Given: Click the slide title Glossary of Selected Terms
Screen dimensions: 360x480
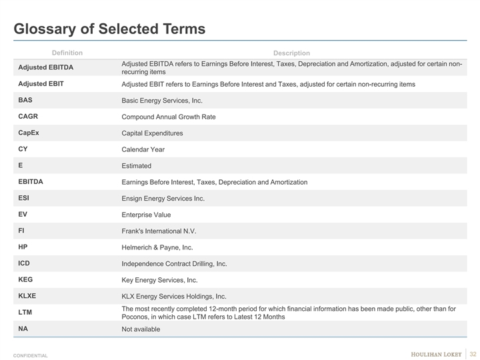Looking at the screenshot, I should click(x=110, y=29).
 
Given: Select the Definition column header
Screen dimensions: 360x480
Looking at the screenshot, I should click(x=67, y=53).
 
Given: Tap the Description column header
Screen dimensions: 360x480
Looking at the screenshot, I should click(x=291, y=53).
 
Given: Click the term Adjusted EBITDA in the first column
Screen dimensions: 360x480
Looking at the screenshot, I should click(x=46, y=67).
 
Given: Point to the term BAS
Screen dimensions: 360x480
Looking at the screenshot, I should click(x=25, y=100).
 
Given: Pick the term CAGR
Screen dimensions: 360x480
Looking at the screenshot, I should click(x=28, y=116).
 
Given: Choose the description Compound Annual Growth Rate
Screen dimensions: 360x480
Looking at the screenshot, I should click(x=169, y=117).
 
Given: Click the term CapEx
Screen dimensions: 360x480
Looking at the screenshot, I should click(x=29, y=133).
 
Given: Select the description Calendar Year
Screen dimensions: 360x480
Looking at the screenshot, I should click(x=143, y=149).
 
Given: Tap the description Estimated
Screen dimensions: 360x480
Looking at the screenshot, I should click(x=137, y=165).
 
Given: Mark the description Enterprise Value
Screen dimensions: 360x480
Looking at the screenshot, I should click(x=146, y=215).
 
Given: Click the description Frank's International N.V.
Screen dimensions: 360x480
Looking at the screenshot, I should click(x=159, y=231).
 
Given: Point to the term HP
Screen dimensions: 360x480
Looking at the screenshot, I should click(x=23, y=247).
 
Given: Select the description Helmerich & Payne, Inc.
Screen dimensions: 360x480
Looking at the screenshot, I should click(x=157, y=247).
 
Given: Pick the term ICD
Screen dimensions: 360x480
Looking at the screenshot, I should click(x=24, y=263).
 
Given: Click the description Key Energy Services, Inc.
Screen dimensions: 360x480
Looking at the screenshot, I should click(x=160, y=280).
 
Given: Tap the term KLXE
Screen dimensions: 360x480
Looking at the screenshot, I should click(x=28, y=296).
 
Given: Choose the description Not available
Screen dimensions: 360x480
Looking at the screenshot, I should click(x=141, y=329).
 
